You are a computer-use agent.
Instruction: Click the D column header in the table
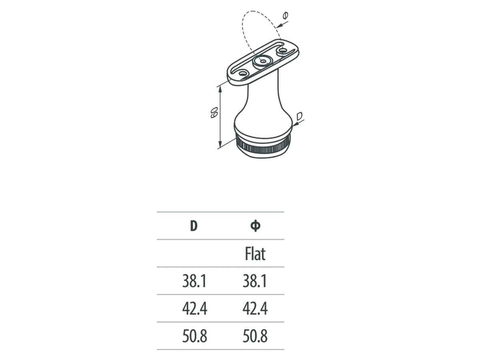click(194, 226)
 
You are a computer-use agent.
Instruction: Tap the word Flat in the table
click(255, 254)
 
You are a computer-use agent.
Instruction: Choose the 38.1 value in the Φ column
click(255, 281)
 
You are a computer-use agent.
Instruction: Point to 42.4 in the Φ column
click(255, 309)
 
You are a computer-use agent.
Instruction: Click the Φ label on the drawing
click(286, 16)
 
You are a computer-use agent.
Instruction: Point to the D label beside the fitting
click(300, 116)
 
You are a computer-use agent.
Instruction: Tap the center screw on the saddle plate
click(262, 61)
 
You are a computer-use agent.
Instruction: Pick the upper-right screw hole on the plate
click(283, 50)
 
